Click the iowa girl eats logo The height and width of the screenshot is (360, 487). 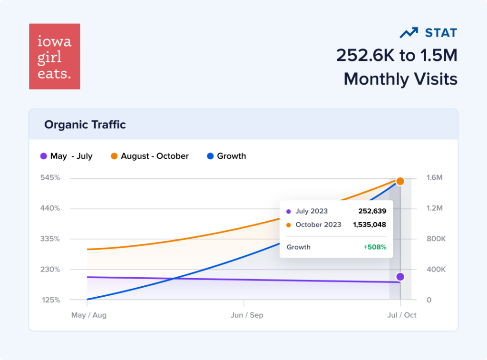point(54,56)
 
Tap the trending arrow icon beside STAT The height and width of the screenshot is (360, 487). point(409,33)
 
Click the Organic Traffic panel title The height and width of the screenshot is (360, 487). point(85,125)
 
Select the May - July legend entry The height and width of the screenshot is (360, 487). point(67,156)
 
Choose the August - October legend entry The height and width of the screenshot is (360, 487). point(150,156)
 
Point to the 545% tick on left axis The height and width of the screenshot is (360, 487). point(50,178)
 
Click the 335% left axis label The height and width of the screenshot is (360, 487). point(50,239)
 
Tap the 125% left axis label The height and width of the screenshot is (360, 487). point(50,300)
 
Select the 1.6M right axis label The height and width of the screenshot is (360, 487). point(435,178)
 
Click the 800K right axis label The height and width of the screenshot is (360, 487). point(436,239)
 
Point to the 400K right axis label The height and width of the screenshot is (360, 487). point(436,270)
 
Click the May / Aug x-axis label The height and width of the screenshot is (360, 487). point(88,315)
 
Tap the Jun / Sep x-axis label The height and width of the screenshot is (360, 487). point(246,315)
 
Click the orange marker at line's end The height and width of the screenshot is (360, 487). point(400,181)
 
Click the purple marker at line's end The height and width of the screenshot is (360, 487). point(400,277)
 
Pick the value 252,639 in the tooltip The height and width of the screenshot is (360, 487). point(372,211)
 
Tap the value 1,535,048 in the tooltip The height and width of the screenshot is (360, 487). point(369,224)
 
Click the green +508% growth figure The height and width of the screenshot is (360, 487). point(374,247)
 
